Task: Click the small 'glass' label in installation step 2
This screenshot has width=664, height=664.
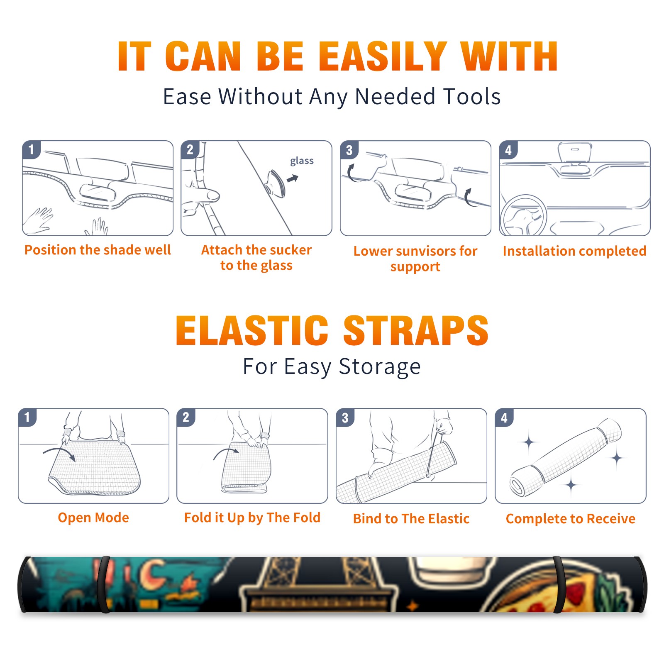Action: [x=302, y=161]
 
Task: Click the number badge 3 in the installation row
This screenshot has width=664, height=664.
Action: [x=349, y=150]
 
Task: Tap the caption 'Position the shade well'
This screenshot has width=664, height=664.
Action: [x=98, y=250]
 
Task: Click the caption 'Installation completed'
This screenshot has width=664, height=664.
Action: [x=574, y=251]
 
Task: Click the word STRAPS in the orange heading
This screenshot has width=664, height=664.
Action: [x=416, y=330]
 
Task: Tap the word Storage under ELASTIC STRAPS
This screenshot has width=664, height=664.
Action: [x=380, y=367]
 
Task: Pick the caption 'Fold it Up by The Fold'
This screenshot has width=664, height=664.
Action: [x=252, y=518]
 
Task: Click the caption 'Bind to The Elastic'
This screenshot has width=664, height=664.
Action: [x=411, y=519]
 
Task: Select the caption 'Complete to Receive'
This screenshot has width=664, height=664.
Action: [x=571, y=519]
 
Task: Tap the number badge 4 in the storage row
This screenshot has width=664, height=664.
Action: [x=504, y=417]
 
